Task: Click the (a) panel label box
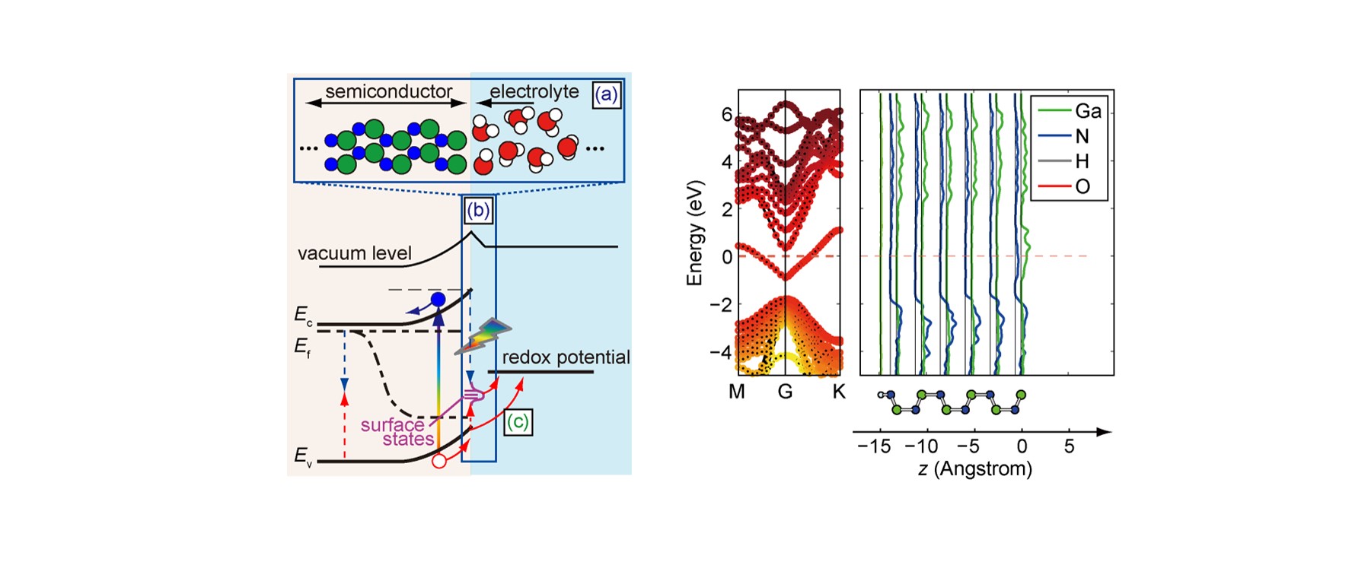tap(607, 94)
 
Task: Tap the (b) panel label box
tap(478, 210)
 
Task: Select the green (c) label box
tap(518, 422)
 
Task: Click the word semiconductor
tap(389, 91)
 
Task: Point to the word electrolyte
tap(534, 91)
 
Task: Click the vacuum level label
tap(355, 253)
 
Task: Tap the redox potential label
tap(566, 357)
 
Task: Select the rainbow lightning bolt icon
tap(483, 336)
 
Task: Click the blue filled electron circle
tap(438, 300)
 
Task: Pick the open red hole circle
tap(439, 461)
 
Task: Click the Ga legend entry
tap(1070, 111)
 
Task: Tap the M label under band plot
tap(737, 392)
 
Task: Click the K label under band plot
tap(839, 392)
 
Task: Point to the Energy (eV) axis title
tap(694, 233)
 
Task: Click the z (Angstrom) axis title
tap(975, 468)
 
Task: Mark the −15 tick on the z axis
tap(874, 446)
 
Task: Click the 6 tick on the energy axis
tap(727, 114)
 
